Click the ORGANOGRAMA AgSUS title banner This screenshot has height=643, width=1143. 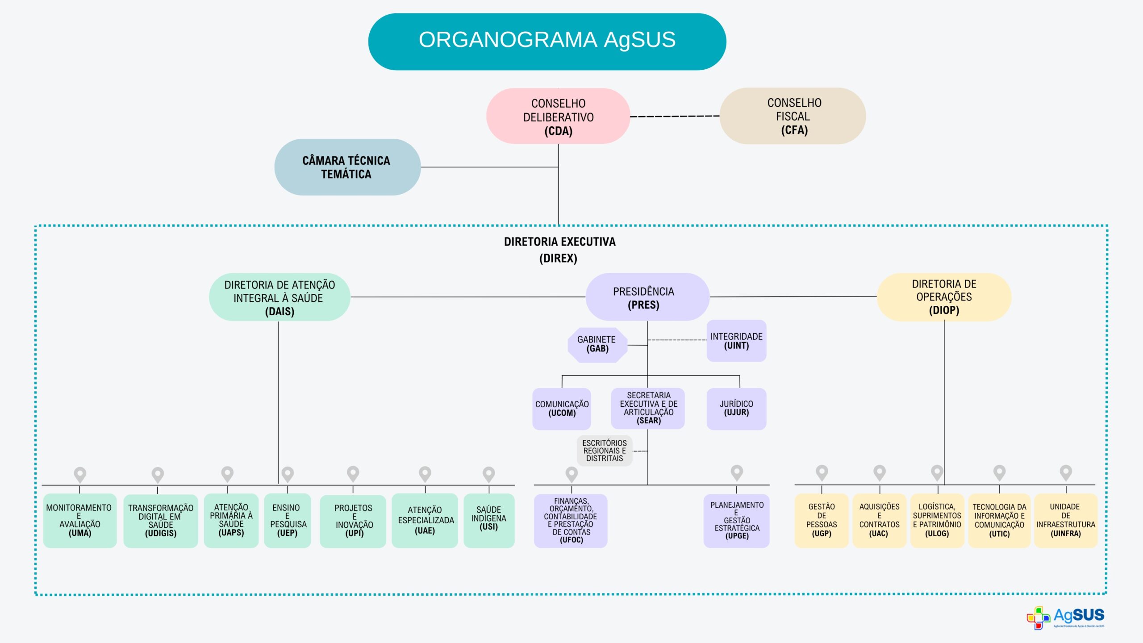pyautogui.click(x=547, y=41)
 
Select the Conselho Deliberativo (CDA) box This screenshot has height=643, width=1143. pyautogui.click(x=558, y=116)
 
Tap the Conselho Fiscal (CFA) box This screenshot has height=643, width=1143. pyautogui.click(x=793, y=116)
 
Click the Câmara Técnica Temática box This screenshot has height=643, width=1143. pyautogui.click(x=347, y=167)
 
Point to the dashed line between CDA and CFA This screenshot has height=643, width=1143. pyautogui.click(x=675, y=116)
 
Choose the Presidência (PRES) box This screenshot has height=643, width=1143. pyautogui.click(x=647, y=297)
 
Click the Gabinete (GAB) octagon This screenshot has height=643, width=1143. pyautogui.click(x=597, y=345)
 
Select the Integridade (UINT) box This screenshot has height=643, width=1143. pyautogui.click(x=736, y=341)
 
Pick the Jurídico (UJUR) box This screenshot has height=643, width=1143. pyautogui.click(x=736, y=409)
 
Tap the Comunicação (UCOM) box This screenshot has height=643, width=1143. pyautogui.click(x=562, y=409)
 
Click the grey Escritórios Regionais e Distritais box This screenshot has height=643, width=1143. pyautogui.click(x=605, y=451)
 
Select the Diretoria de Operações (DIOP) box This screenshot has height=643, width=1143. pyautogui.click(x=944, y=297)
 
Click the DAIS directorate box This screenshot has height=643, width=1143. pyautogui.click(x=279, y=297)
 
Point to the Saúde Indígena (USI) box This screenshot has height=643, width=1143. pyautogui.click(x=489, y=520)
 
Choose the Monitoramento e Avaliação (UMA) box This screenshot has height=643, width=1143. pyautogui.click(x=79, y=520)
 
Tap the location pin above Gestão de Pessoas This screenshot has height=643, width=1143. pyautogui.click(x=822, y=472)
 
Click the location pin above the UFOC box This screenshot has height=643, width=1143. pyautogui.click(x=571, y=474)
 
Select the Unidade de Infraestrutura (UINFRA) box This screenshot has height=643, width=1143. pyautogui.click(x=1065, y=520)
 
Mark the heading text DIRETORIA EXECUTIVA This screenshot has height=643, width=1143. pyautogui.click(x=559, y=242)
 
